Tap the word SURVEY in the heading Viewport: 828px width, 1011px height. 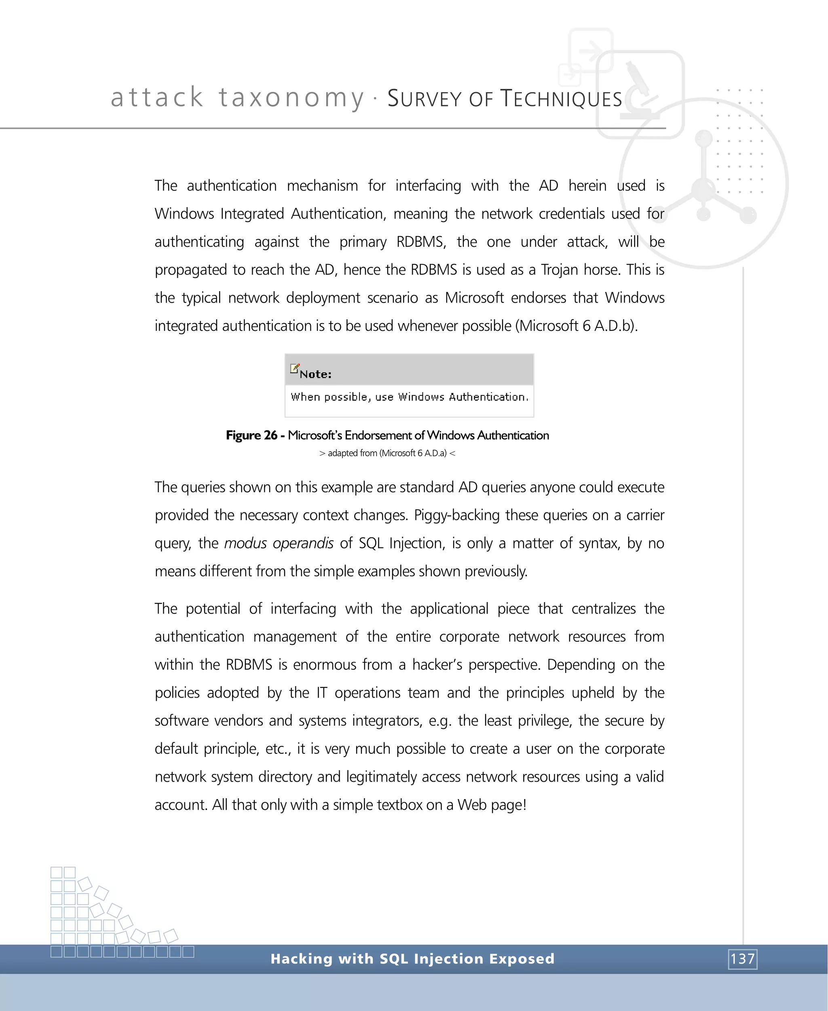click(425, 99)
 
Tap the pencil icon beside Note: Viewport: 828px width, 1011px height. click(295, 368)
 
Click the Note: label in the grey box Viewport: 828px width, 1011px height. click(315, 374)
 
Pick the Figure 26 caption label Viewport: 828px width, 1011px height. click(251, 435)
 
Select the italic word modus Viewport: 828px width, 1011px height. click(245, 544)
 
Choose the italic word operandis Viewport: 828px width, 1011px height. click(303, 544)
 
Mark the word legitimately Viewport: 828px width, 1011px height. click(381, 777)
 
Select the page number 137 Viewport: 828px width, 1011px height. click(743, 958)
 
